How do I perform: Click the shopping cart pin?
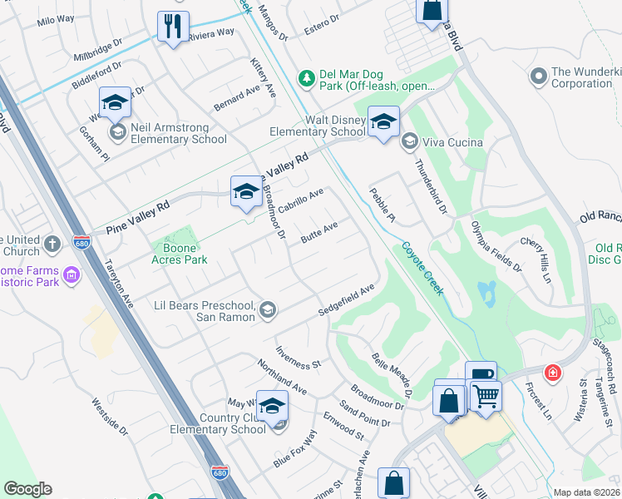click(x=486, y=396)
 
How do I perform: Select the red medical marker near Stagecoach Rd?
click(x=551, y=373)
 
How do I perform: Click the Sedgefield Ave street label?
click(x=347, y=300)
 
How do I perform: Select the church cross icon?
click(x=52, y=244)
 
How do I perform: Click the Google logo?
click(x=27, y=489)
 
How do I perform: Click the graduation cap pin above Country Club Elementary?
click(x=272, y=406)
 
